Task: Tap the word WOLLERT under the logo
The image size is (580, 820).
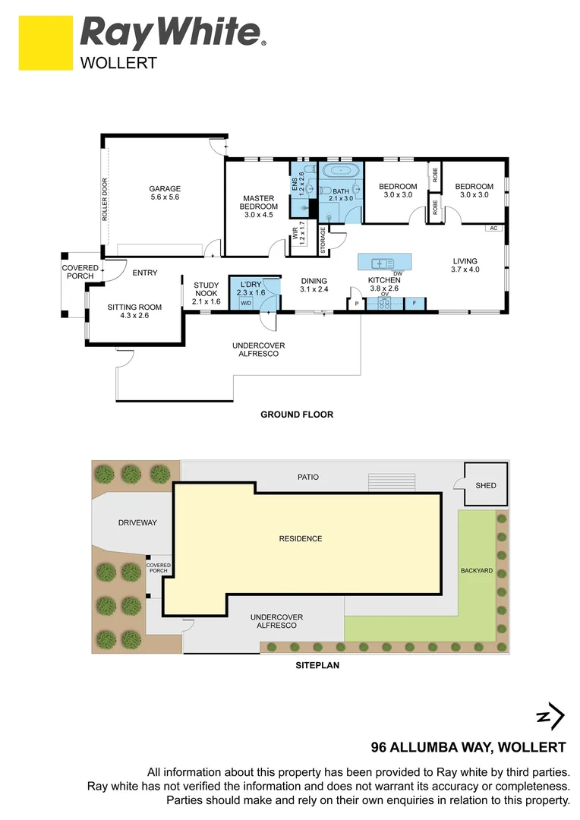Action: tap(118, 63)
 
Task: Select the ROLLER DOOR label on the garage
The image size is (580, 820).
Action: tap(105, 199)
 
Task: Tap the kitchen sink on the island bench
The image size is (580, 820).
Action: tap(378, 263)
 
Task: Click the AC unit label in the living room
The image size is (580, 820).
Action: tap(493, 228)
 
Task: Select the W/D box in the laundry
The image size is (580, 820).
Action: tap(245, 303)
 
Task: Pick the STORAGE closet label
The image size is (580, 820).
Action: tap(323, 241)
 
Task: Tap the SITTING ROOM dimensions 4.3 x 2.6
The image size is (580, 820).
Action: tap(134, 315)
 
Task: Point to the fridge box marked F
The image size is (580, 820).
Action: tap(414, 303)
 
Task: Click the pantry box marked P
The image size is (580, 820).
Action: tap(356, 303)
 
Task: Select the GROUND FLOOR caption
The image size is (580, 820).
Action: tap(297, 415)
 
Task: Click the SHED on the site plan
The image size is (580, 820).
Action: tap(485, 485)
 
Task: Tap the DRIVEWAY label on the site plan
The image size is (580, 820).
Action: tap(137, 522)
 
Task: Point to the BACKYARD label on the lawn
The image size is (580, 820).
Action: tap(477, 570)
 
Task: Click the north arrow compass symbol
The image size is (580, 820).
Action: tap(550, 716)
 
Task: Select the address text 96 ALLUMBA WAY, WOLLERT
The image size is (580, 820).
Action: tap(468, 747)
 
